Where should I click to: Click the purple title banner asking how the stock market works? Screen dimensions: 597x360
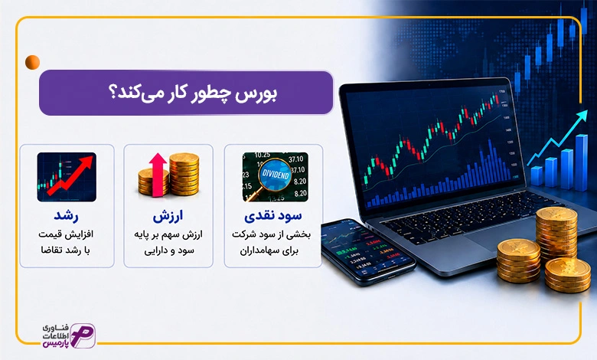(x=186, y=93)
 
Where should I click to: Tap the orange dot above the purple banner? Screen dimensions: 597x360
(x=32, y=62)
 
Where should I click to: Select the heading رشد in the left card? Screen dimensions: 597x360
(x=66, y=216)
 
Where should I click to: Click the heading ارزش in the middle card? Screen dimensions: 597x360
(x=168, y=216)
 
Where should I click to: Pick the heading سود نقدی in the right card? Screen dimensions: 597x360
(x=273, y=216)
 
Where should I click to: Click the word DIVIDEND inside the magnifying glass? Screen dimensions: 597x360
(x=276, y=175)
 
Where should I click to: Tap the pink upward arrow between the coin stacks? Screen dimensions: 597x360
(x=158, y=175)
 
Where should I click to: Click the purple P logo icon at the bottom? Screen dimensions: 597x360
(x=83, y=335)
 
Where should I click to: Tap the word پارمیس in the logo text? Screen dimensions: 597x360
(x=56, y=344)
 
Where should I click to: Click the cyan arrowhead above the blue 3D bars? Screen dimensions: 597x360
(x=583, y=116)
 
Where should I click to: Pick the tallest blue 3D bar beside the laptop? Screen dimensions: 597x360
(x=581, y=162)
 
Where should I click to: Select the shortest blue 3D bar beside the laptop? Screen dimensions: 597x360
(x=537, y=175)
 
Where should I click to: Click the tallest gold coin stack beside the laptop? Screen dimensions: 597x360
(x=556, y=232)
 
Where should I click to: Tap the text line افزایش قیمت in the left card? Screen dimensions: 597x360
(x=66, y=234)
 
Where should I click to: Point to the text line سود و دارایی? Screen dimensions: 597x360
(x=169, y=250)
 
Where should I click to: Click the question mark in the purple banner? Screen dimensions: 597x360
(x=113, y=93)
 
